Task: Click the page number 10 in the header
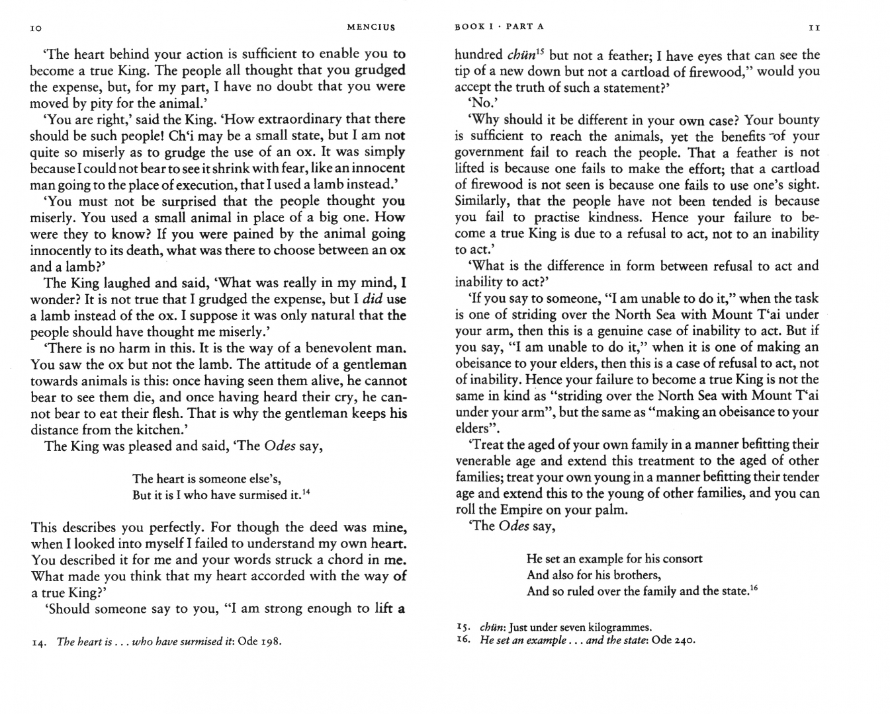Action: tap(36, 28)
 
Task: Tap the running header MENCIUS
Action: tap(371, 27)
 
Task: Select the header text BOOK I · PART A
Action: tap(499, 26)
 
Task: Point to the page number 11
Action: tap(815, 28)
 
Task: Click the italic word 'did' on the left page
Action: tap(373, 299)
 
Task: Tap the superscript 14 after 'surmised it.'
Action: tap(306, 492)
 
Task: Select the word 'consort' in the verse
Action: tap(682, 559)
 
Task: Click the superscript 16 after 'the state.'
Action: tap(754, 587)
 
